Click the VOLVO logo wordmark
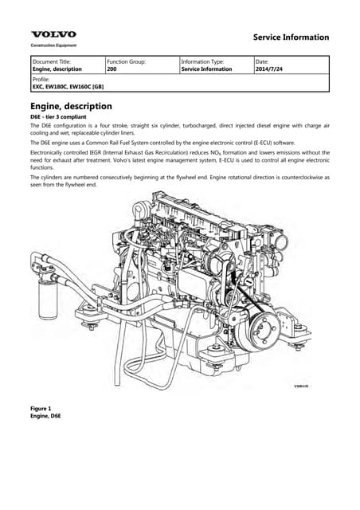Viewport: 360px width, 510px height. pyautogui.click(x=54, y=34)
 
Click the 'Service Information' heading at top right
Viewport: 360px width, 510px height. pyautogui.click(x=290, y=37)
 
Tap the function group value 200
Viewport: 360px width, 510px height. pyautogui.click(x=112, y=69)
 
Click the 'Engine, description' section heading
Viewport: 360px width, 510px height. pyautogui.click(x=71, y=106)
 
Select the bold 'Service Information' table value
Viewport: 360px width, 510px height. pyautogui.click(x=207, y=69)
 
